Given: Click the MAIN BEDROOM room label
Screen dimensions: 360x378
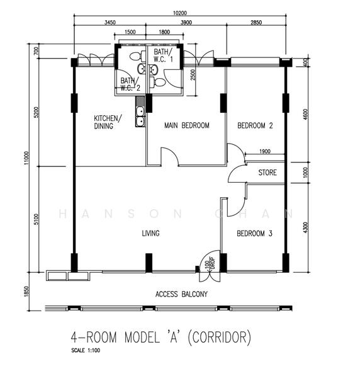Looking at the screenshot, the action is (x=187, y=125).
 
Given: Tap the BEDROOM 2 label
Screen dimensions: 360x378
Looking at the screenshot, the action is (x=255, y=125).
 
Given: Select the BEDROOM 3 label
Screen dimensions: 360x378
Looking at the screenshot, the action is (x=254, y=233).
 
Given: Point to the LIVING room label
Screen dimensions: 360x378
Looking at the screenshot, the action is (x=151, y=233).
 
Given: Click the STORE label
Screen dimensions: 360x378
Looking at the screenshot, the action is (x=267, y=173).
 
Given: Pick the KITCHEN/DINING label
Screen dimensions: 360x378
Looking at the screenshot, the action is (x=108, y=122).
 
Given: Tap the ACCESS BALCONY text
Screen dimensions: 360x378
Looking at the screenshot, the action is (x=181, y=294).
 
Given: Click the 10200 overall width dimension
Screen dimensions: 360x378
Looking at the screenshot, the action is (x=180, y=13).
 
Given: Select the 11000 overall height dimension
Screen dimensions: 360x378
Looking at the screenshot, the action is (x=26, y=158).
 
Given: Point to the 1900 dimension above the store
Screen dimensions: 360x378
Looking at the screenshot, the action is (x=265, y=151).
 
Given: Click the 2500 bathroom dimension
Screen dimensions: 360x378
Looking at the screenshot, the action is (x=193, y=75).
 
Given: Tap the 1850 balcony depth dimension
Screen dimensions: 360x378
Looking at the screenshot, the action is (x=26, y=292).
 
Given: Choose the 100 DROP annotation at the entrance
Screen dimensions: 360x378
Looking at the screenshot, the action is (x=209, y=263).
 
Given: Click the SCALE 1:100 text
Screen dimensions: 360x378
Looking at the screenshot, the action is (x=86, y=350).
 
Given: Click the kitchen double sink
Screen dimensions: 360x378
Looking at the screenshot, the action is (x=140, y=117).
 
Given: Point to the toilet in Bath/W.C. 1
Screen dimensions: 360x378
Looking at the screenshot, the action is (x=157, y=83).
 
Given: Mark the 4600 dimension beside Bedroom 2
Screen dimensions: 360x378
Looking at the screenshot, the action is (x=305, y=115).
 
